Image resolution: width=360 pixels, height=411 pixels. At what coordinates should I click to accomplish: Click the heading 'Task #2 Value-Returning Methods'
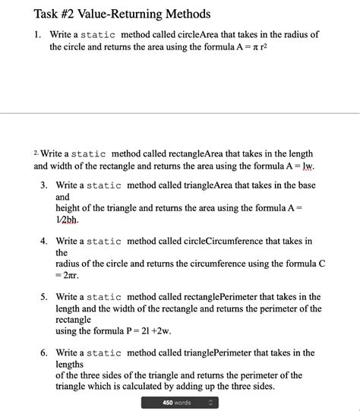point(122,14)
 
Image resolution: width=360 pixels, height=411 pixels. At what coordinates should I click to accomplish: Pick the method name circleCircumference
point(235,242)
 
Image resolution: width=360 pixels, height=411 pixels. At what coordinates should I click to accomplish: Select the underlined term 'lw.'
point(308,166)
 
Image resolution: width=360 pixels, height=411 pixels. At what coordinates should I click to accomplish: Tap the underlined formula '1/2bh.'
point(67,219)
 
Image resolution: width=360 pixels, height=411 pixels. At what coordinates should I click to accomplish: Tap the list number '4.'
point(44,242)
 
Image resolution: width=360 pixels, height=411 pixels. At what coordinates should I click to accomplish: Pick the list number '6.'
point(44,353)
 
